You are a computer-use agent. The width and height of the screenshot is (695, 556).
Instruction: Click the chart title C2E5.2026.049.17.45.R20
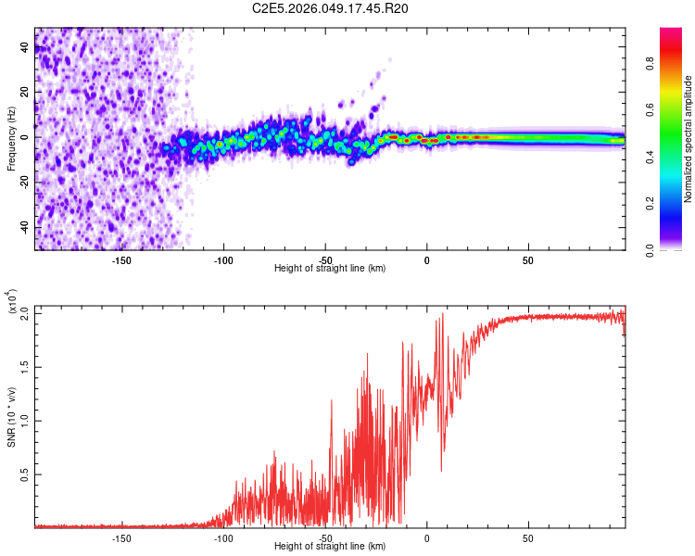tap(331, 9)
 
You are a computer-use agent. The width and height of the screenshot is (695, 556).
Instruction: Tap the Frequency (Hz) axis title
tap(11, 139)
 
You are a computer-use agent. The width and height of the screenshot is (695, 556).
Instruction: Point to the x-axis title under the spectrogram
tap(330, 269)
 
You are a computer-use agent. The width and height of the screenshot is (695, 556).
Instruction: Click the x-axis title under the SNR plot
tap(330, 547)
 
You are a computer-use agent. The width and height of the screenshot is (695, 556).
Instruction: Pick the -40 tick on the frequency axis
tap(25, 227)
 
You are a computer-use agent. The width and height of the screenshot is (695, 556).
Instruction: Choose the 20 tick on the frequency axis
tap(25, 92)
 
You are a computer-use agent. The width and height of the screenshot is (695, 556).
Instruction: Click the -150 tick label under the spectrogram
tap(121, 260)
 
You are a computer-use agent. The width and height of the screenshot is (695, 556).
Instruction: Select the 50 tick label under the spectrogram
tap(527, 260)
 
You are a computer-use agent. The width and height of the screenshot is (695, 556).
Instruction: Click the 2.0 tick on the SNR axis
tap(25, 312)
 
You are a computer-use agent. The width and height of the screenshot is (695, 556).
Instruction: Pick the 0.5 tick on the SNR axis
tap(25, 474)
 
